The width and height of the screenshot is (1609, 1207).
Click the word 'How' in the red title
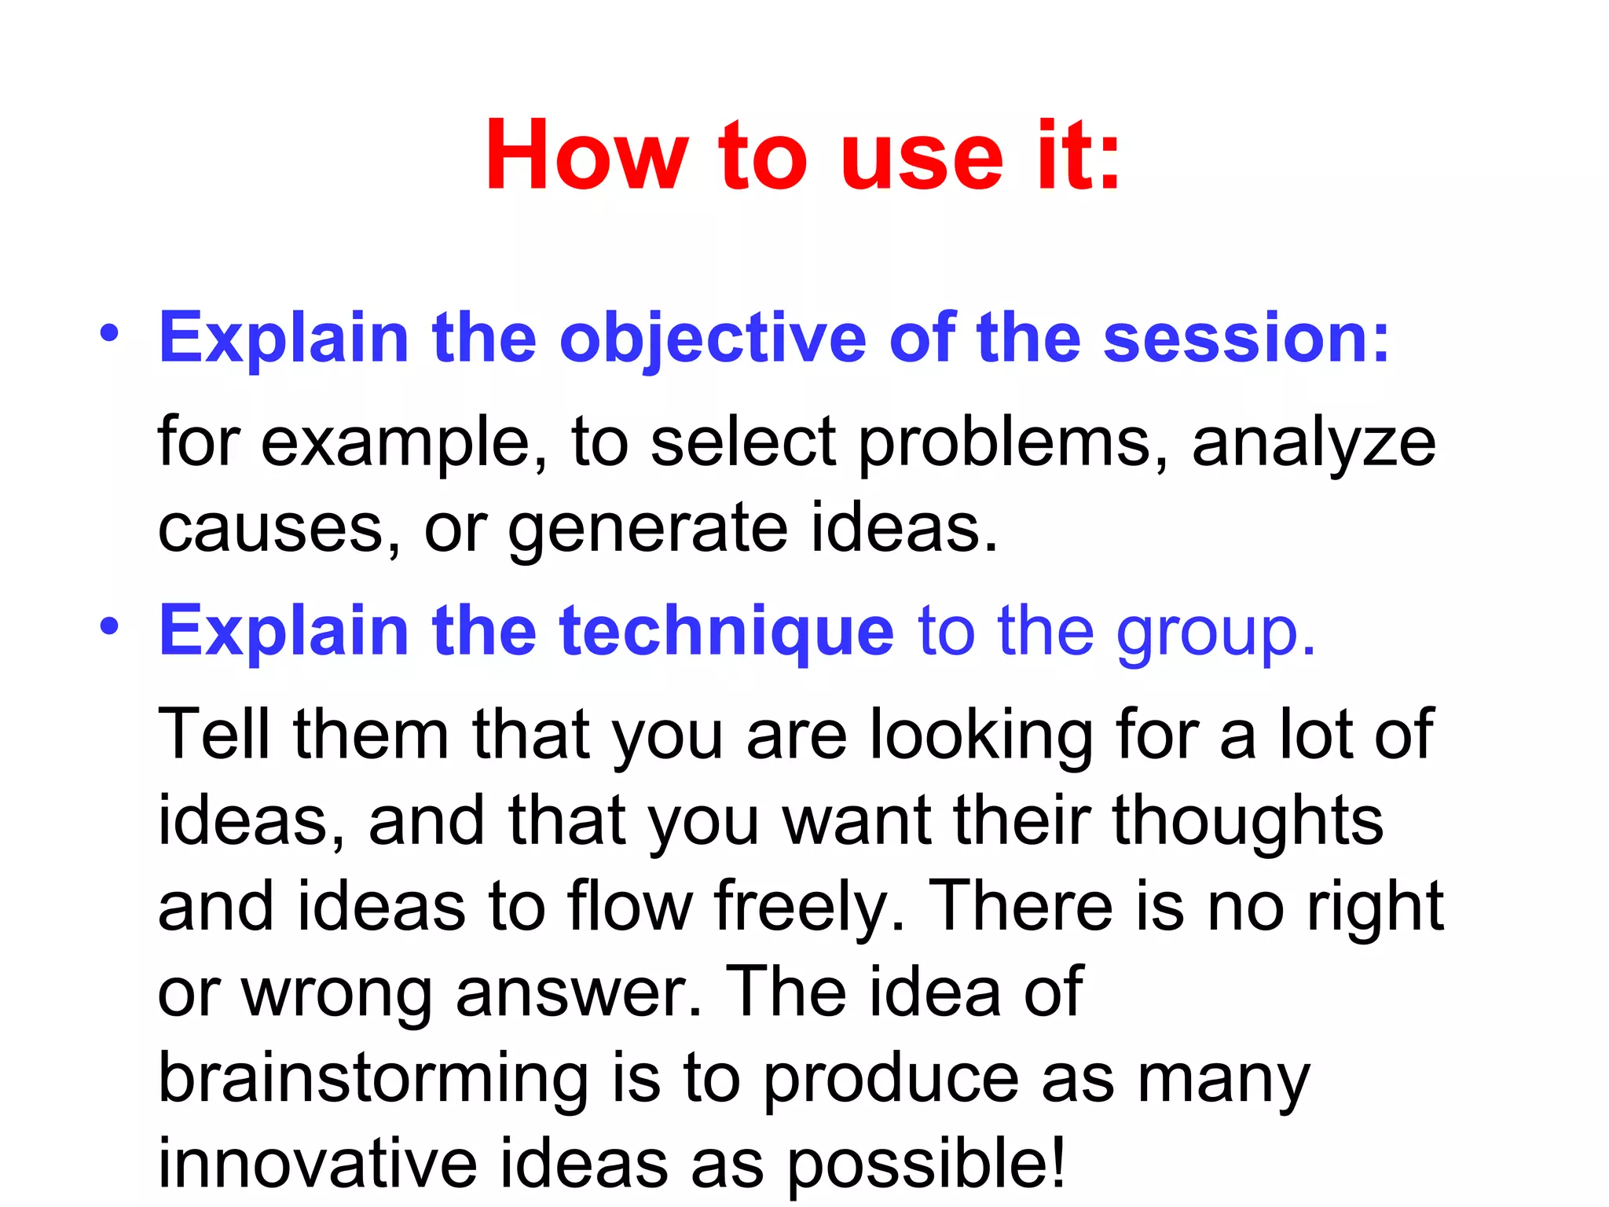tap(586, 156)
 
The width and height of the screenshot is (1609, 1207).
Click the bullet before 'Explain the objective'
tap(109, 333)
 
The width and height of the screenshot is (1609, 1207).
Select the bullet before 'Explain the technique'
tap(109, 626)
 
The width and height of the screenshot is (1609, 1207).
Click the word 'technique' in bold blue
tap(726, 632)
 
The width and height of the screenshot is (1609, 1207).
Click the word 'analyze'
tap(1314, 444)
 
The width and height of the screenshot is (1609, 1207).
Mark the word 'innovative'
tap(317, 1165)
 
